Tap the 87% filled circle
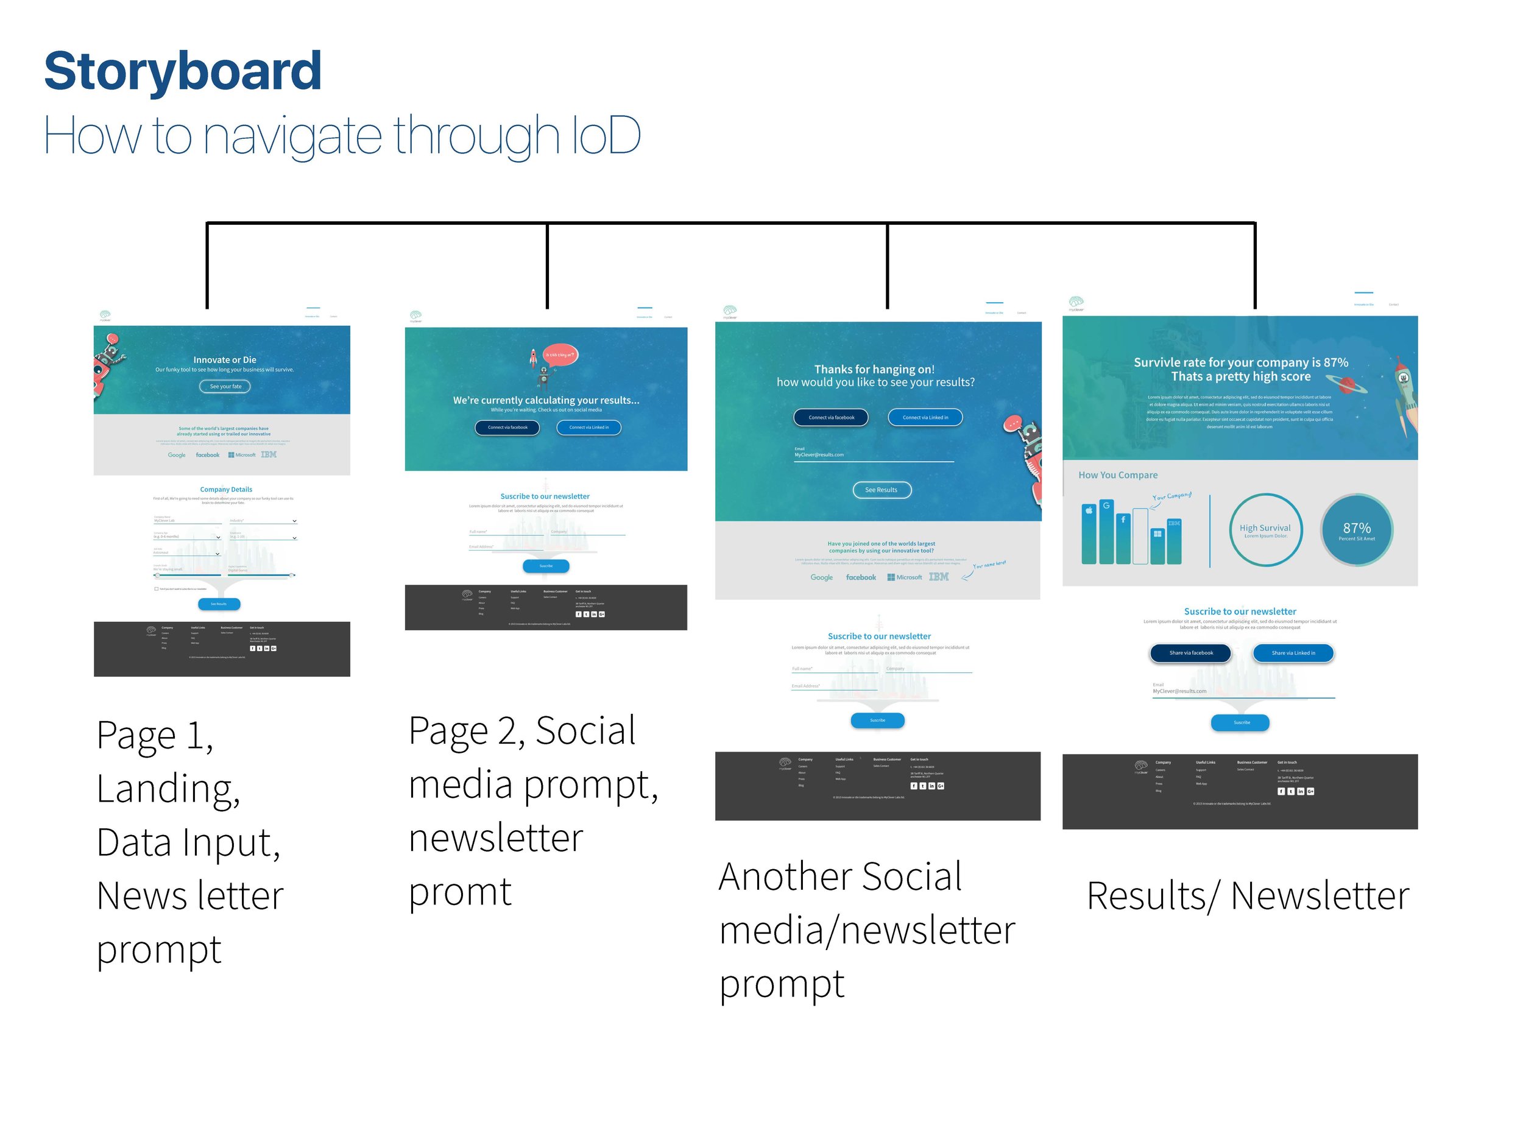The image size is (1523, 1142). pyautogui.click(x=1356, y=530)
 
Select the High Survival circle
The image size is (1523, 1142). pyautogui.click(x=1265, y=530)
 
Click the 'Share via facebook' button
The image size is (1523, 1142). pyautogui.click(x=1190, y=652)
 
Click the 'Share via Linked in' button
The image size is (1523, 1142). pyautogui.click(x=1293, y=652)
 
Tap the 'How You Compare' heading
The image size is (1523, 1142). pyautogui.click(x=1117, y=475)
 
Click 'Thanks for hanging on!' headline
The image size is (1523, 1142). pyautogui.click(x=874, y=369)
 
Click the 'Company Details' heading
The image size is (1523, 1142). pyautogui.click(x=226, y=490)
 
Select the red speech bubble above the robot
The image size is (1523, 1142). pyautogui.click(x=560, y=355)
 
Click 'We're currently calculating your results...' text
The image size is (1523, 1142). pyautogui.click(x=545, y=400)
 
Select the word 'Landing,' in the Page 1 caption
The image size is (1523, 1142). pyautogui.click(x=168, y=788)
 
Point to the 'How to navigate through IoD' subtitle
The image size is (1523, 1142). pyautogui.click(x=342, y=135)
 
